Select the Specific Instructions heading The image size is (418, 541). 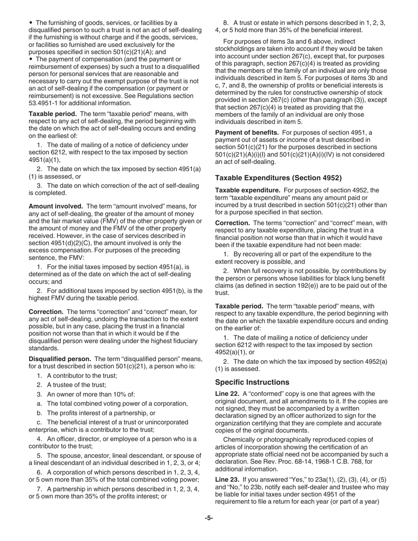(252, 382)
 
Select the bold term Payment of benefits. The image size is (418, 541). (247, 133)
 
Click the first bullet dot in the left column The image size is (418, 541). (31, 23)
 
